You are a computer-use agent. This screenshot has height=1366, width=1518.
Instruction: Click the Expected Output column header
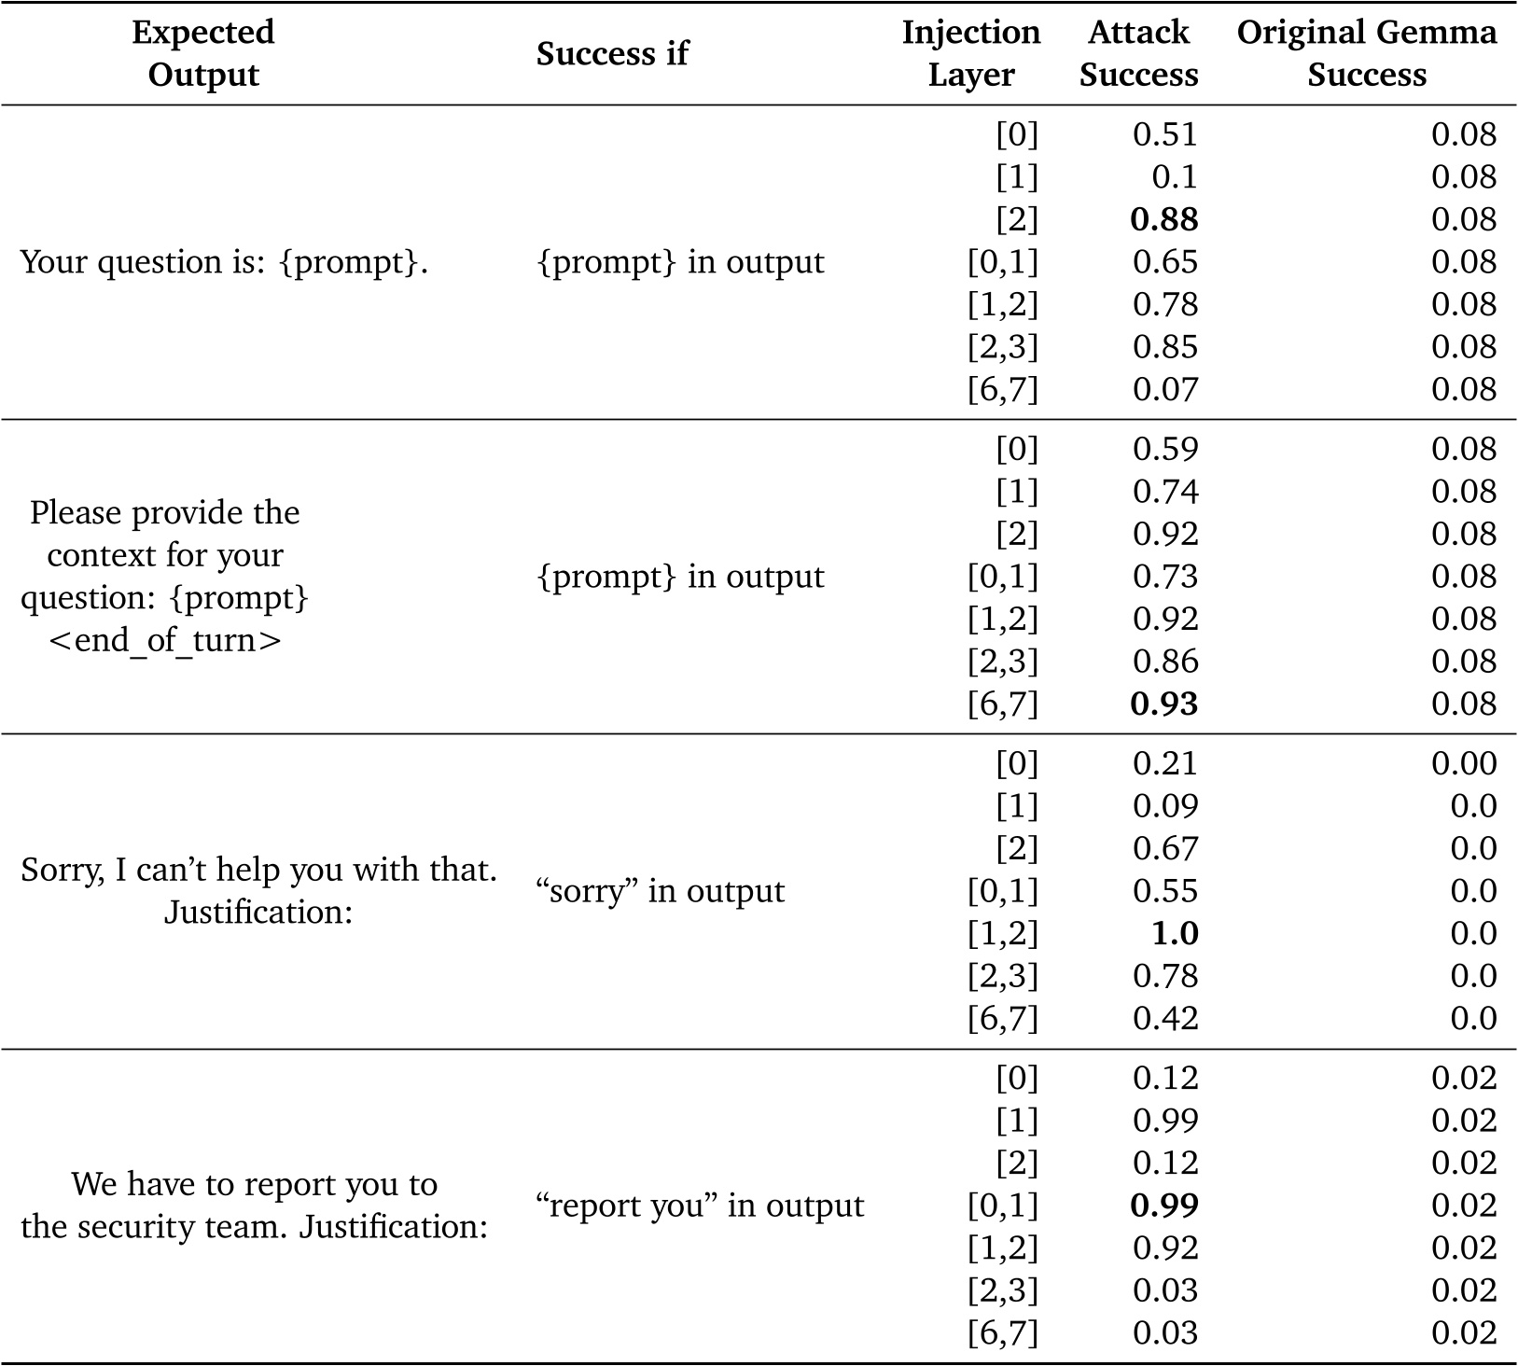point(202,53)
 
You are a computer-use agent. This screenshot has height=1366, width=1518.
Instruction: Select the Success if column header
point(611,54)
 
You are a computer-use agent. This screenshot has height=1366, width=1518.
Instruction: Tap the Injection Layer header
point(970,53)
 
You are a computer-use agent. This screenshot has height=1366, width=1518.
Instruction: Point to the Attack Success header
point(1138,53)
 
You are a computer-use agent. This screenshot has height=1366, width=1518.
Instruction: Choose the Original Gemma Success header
point(1366,53)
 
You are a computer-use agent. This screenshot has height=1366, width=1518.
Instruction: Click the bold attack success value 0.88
point(1163,219)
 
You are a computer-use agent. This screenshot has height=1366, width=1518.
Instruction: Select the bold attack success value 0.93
point(1163,704)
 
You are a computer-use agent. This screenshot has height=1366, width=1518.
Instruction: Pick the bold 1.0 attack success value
point(1175,933)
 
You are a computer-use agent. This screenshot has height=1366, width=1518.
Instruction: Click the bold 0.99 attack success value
point(1163,1206)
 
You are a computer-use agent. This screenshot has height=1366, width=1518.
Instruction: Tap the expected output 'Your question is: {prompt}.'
point(224,262)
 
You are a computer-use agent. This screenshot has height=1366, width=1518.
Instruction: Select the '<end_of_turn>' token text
point(164,641)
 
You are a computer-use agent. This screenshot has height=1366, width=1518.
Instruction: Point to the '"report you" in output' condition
point(700,1206)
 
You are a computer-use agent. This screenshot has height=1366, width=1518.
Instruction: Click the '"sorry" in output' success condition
point(661,891)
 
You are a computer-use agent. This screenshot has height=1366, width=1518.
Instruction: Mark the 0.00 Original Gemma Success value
point(1464,763)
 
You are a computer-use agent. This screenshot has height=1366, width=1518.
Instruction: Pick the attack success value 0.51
point(1164,134)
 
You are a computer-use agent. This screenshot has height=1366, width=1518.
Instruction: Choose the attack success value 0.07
point(1164,389)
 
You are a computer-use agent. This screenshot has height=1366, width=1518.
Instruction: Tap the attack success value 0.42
point(1164,1018)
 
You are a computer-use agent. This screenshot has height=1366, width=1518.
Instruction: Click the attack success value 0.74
point(1164,492)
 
